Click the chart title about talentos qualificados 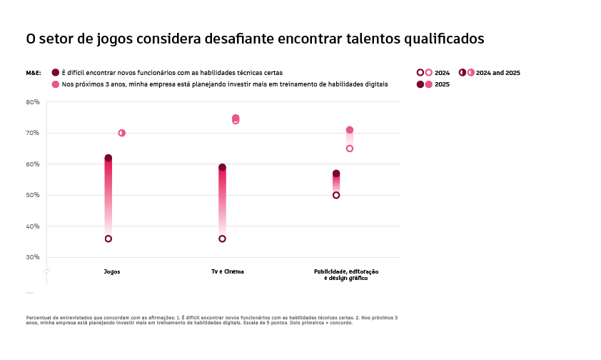click(x=255, y=39)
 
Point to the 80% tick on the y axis click(x=33, y=102)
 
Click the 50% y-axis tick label click(x=33, y=195)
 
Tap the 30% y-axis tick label click(x=33, y=257)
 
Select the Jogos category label click(x=112, y=272)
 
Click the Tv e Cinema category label click(x=227, y=272)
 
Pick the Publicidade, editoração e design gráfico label click(x=345, y=275)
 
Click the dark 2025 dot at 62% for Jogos click(x=108, y=158)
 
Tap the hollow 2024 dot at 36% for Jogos click(x=108, y=239)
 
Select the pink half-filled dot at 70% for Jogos click(x=121, y=133)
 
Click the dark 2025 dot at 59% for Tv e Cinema click(x=222, y=168)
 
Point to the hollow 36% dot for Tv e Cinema click(x=222, y=239)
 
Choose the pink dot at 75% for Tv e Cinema click(x=236, y=118)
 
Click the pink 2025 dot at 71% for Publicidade click(x=350, y=130)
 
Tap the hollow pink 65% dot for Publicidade click(x=350, y=149)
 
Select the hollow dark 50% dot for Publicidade click(x=336, y=195)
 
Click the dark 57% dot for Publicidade click(x=336, y=174)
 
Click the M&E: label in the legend click(x=34, y=73)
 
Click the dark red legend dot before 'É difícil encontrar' click(x=55, y=73)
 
